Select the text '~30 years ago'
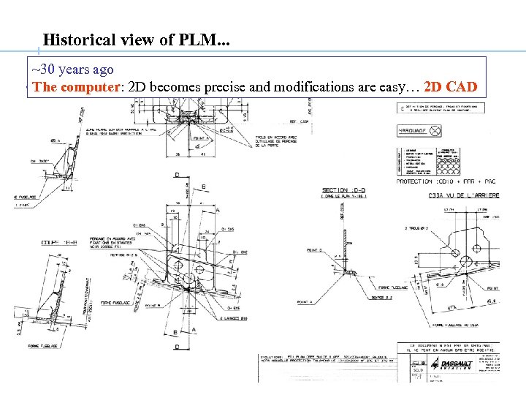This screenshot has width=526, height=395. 73,69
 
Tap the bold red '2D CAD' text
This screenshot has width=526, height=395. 451,87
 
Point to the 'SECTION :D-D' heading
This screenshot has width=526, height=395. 345,191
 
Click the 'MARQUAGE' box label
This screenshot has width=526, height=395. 411,131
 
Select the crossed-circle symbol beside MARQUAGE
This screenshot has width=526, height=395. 435,131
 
